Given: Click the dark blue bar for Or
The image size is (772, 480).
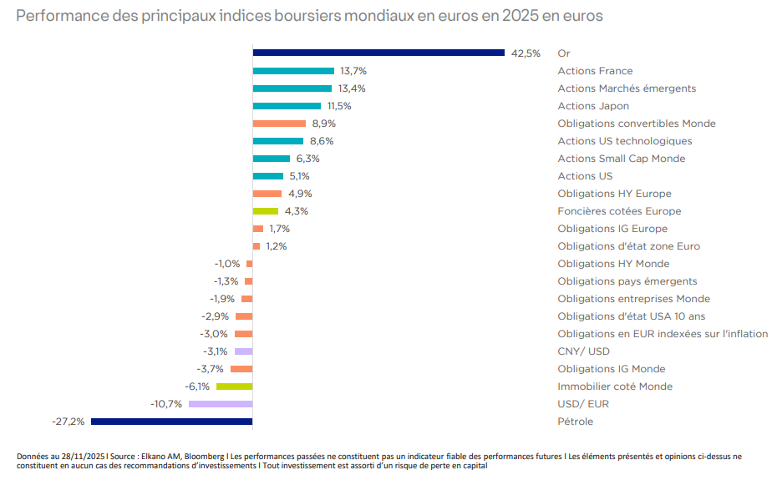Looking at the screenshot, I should pos(378,53).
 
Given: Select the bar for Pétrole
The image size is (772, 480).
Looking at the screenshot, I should pos(171,422).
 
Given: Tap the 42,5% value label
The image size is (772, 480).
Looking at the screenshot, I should pos(526,53).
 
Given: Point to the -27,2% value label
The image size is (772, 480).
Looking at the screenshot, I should pos(68,422).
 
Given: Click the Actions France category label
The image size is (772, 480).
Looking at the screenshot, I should pos(595,71).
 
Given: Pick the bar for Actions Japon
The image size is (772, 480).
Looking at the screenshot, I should pos(287,106).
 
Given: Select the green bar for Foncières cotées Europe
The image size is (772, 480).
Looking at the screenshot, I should pos(265,211).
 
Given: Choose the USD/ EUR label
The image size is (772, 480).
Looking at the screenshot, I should pos(583,404).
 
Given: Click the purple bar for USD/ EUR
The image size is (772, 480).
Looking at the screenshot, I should pos(221,404).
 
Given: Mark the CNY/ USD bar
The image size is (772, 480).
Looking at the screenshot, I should pos(243,351).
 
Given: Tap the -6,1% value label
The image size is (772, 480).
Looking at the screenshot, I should pos(197,387).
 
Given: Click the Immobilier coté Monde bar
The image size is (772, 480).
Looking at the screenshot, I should pos(234,387).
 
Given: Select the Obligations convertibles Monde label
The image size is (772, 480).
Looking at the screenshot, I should pos(637,124).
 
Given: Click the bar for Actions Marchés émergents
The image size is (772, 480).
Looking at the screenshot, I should pos(292,88).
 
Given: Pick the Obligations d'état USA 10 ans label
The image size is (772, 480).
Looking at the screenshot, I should pos(632,316).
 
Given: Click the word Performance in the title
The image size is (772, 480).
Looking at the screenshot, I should pos(54,16).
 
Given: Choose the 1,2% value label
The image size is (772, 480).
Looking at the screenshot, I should pos(277,246).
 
